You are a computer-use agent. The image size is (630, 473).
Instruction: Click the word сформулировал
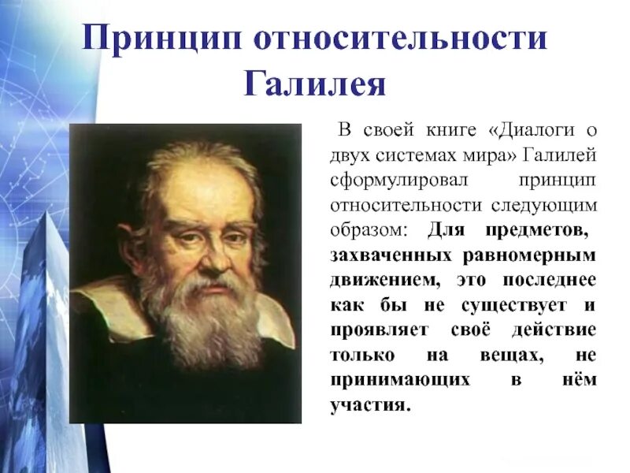tap(391, 180)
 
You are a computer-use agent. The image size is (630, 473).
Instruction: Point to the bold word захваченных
tap(391, 255)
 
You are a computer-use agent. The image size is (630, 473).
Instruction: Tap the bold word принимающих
tap(400, 382)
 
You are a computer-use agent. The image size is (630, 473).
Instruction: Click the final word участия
tap(371, 407)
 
